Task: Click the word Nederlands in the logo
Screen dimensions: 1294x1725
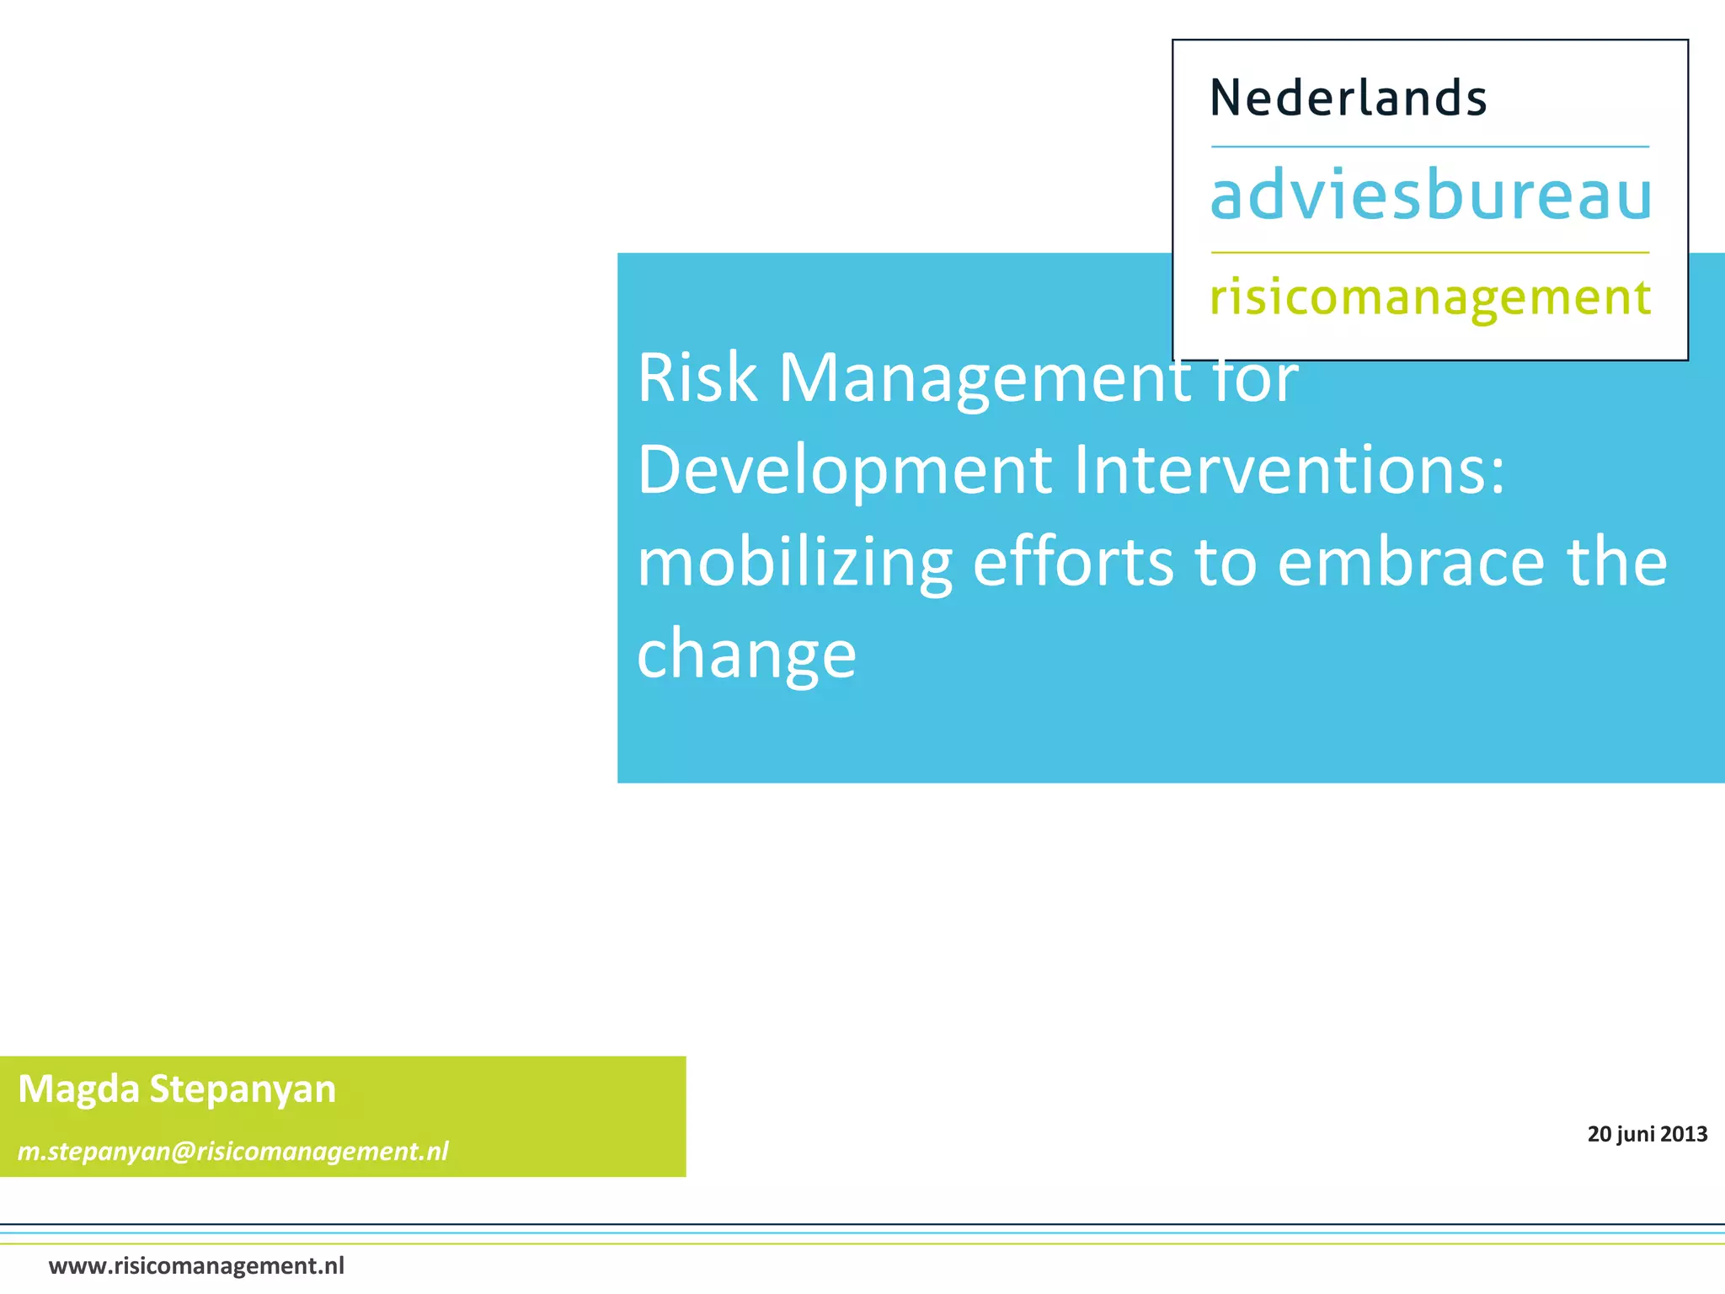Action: click(1348, 98)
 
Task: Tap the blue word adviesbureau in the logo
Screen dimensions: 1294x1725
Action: click(1430, 195)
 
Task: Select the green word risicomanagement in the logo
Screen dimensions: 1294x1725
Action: click(1430, 298)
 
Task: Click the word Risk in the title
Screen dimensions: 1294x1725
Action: click(697, 378)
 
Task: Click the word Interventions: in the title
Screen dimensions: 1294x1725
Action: click(1289, 469)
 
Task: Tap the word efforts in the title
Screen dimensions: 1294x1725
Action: click(1072, 562)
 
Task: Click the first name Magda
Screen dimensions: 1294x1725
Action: click(78, 1089)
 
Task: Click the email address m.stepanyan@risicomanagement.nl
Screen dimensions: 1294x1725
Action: click(233, 1151)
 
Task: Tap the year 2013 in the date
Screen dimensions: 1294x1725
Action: click(1684, 1134)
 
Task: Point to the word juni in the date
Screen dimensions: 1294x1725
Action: click(1637, 1135)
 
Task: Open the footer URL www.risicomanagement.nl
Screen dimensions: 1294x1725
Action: click(196, 1266)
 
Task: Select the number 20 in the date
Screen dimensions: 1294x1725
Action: click(1599, 1134)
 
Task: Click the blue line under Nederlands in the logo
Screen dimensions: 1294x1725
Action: click(1429, 147)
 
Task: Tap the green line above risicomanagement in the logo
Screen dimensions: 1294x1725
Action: click(1429, 252)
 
